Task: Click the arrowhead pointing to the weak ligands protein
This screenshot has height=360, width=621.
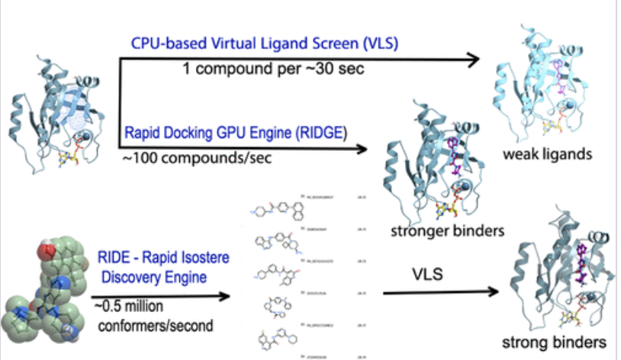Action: [472, 60]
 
